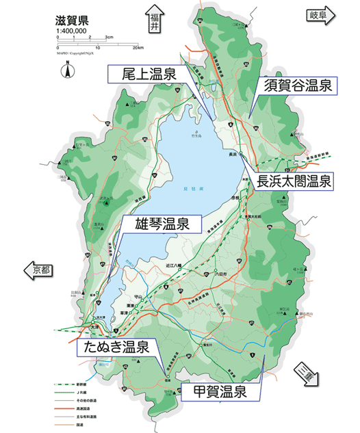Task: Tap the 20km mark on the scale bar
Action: pos(138,48)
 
